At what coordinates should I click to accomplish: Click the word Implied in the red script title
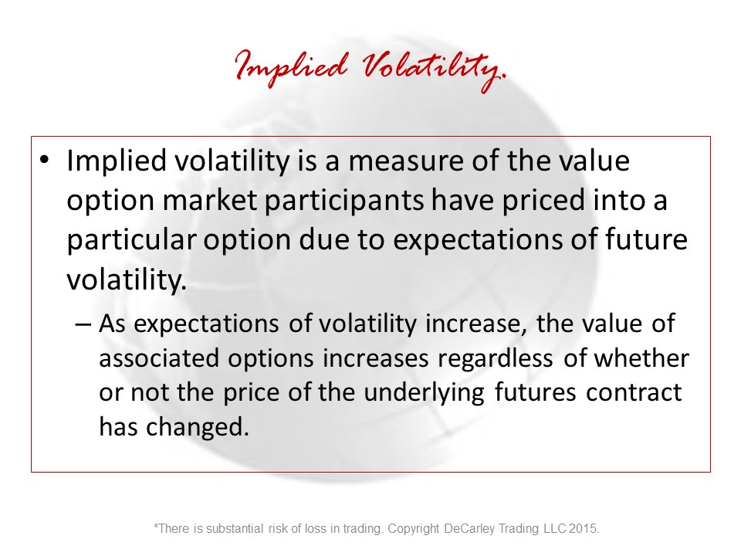[291, 67]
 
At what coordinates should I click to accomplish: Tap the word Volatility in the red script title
[434, 71]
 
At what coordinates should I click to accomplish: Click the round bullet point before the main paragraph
[45, 159]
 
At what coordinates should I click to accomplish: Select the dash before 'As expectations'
[83, 324]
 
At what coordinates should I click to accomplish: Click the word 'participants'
[343, 202]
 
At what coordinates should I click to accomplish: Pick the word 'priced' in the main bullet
[543, 202]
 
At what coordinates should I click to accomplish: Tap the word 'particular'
[131, 240]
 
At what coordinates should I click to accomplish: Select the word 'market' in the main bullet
[209, 201]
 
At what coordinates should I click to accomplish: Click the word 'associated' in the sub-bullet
[159, 358]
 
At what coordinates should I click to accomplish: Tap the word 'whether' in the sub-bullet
[641, 358]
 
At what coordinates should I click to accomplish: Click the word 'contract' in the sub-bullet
[634, 393]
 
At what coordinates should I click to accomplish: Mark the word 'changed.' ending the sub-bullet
[197, 427]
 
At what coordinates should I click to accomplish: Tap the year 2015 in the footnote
[584, 528]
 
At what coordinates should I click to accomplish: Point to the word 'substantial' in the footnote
[235, 528]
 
